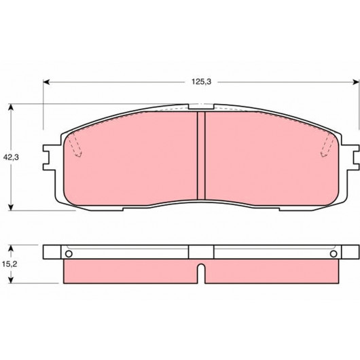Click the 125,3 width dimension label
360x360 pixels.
[201, 82]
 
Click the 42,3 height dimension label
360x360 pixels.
[11, 158]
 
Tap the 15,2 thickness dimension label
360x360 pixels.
[10, 264]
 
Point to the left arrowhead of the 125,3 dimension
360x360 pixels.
[46, 82]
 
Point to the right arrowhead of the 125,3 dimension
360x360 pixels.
[355, 82]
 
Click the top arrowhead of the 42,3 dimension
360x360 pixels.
[11, 107]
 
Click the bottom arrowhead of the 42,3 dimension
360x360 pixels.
[11, 207]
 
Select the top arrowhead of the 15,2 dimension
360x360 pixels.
[11, 248]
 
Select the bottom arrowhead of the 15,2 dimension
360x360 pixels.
[11, 280]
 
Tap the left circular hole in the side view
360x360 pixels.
[69, 254]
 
